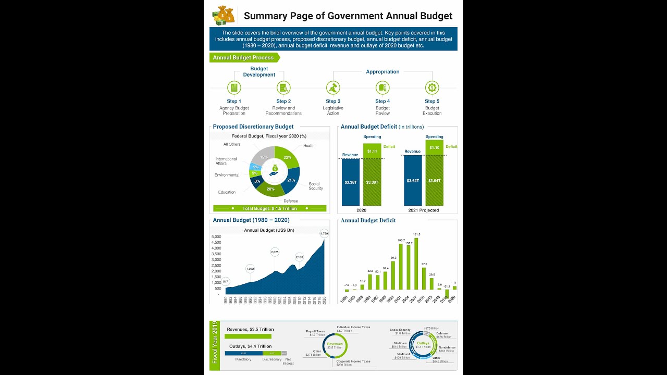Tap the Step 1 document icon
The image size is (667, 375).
pos(234,87)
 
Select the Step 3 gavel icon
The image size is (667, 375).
pos(333,87)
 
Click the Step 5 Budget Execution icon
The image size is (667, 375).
pos(432,87)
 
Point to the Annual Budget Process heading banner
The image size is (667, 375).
pos(244,58)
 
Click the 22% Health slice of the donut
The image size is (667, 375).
pos(289,158)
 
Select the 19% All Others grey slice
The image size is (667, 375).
pos(264,156)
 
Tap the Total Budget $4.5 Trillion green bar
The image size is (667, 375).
pos(269,208)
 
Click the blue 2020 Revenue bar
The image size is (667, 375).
pos(351,182)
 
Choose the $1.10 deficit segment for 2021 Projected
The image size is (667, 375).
pos(434,147)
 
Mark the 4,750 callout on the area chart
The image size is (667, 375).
pos(324,234)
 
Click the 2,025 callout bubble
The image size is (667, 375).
pos(275,252)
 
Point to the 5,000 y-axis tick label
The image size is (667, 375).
pos(216,237)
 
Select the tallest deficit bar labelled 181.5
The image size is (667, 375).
pos(416,264)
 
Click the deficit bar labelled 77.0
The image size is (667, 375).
pos(424,279)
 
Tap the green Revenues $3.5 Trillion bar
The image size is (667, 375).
pos(248,336)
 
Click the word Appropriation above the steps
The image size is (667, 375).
pos(382,72)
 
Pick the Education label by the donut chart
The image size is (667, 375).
pos(227,192)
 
